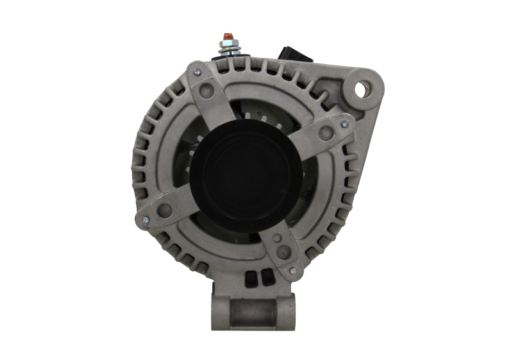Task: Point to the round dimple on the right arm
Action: (326, 133)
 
